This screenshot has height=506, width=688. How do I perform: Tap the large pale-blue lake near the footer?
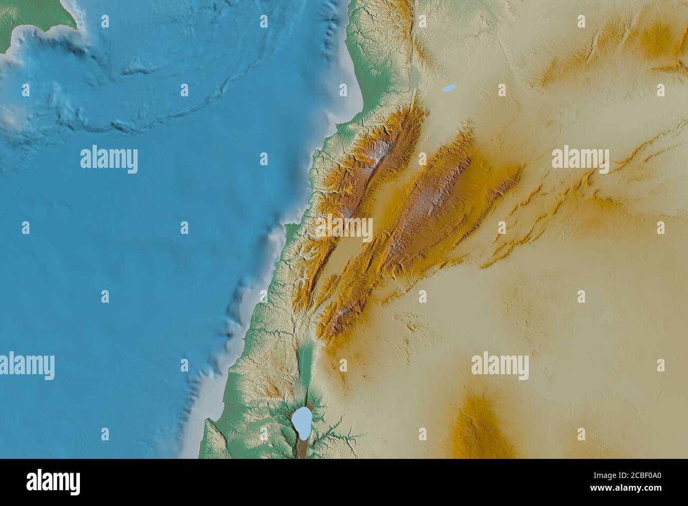coord(301,421)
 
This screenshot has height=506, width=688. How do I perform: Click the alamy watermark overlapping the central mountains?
coord(344,228)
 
